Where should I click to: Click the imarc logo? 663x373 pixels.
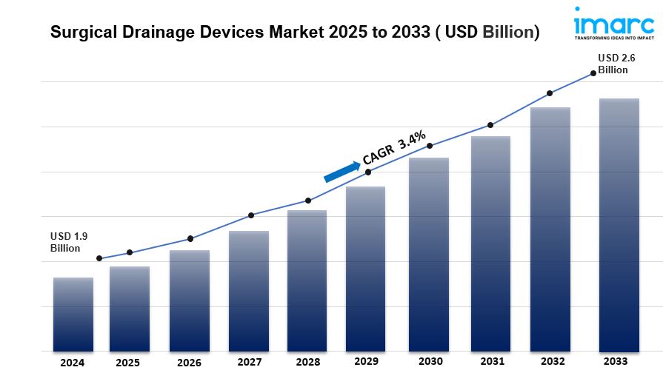(614, 24)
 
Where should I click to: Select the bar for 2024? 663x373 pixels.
(73, 314)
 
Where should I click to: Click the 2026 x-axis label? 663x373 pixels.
(189, 363)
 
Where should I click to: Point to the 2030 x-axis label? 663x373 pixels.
(430, 362)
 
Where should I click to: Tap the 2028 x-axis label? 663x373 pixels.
(307, 363)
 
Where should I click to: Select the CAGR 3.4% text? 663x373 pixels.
(393, 147)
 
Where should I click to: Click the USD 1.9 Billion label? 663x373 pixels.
(69, 242)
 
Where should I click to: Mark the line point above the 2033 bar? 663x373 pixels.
(593, 73)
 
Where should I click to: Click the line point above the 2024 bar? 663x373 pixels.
(99, 259)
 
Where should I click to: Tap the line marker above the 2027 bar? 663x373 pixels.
(251, 215)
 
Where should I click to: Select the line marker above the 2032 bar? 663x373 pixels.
(550, 93)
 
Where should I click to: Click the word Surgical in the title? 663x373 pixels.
(83, 33)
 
